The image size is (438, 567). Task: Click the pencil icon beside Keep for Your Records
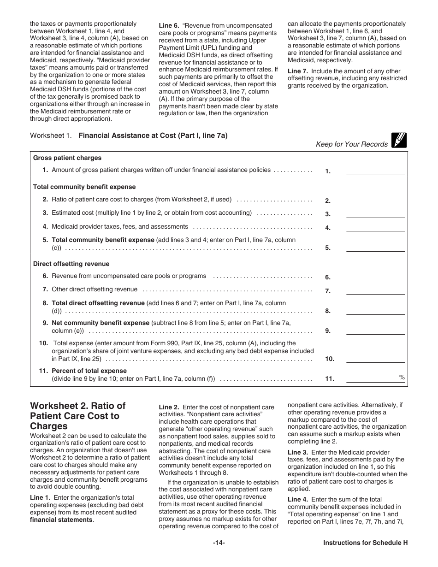pos(399,140)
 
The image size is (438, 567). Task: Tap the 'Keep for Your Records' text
pos(351,144)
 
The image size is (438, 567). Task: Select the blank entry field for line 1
pos(375,171)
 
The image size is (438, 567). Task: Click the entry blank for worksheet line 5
pos(375,248)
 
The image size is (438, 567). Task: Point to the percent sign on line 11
pos(402,378)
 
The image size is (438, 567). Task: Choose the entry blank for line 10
pos(375,359)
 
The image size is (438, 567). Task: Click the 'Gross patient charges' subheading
pos(67,158)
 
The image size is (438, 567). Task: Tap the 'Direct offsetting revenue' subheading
pos(71,264)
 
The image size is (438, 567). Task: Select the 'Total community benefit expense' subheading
pos(84,187)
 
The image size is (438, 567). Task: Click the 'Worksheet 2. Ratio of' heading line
pos(77,406)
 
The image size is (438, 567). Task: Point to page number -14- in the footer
pos(219,543)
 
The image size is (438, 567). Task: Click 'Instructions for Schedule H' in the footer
pos(365,543)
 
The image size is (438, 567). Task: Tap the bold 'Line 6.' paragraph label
pos(169,26)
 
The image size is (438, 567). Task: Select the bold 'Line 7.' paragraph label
pos(297,71)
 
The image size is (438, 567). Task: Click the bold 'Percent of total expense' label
pos(89,371)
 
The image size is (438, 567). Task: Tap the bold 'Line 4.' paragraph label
pos(297,499)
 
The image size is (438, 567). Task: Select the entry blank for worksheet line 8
pos(375,311)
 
